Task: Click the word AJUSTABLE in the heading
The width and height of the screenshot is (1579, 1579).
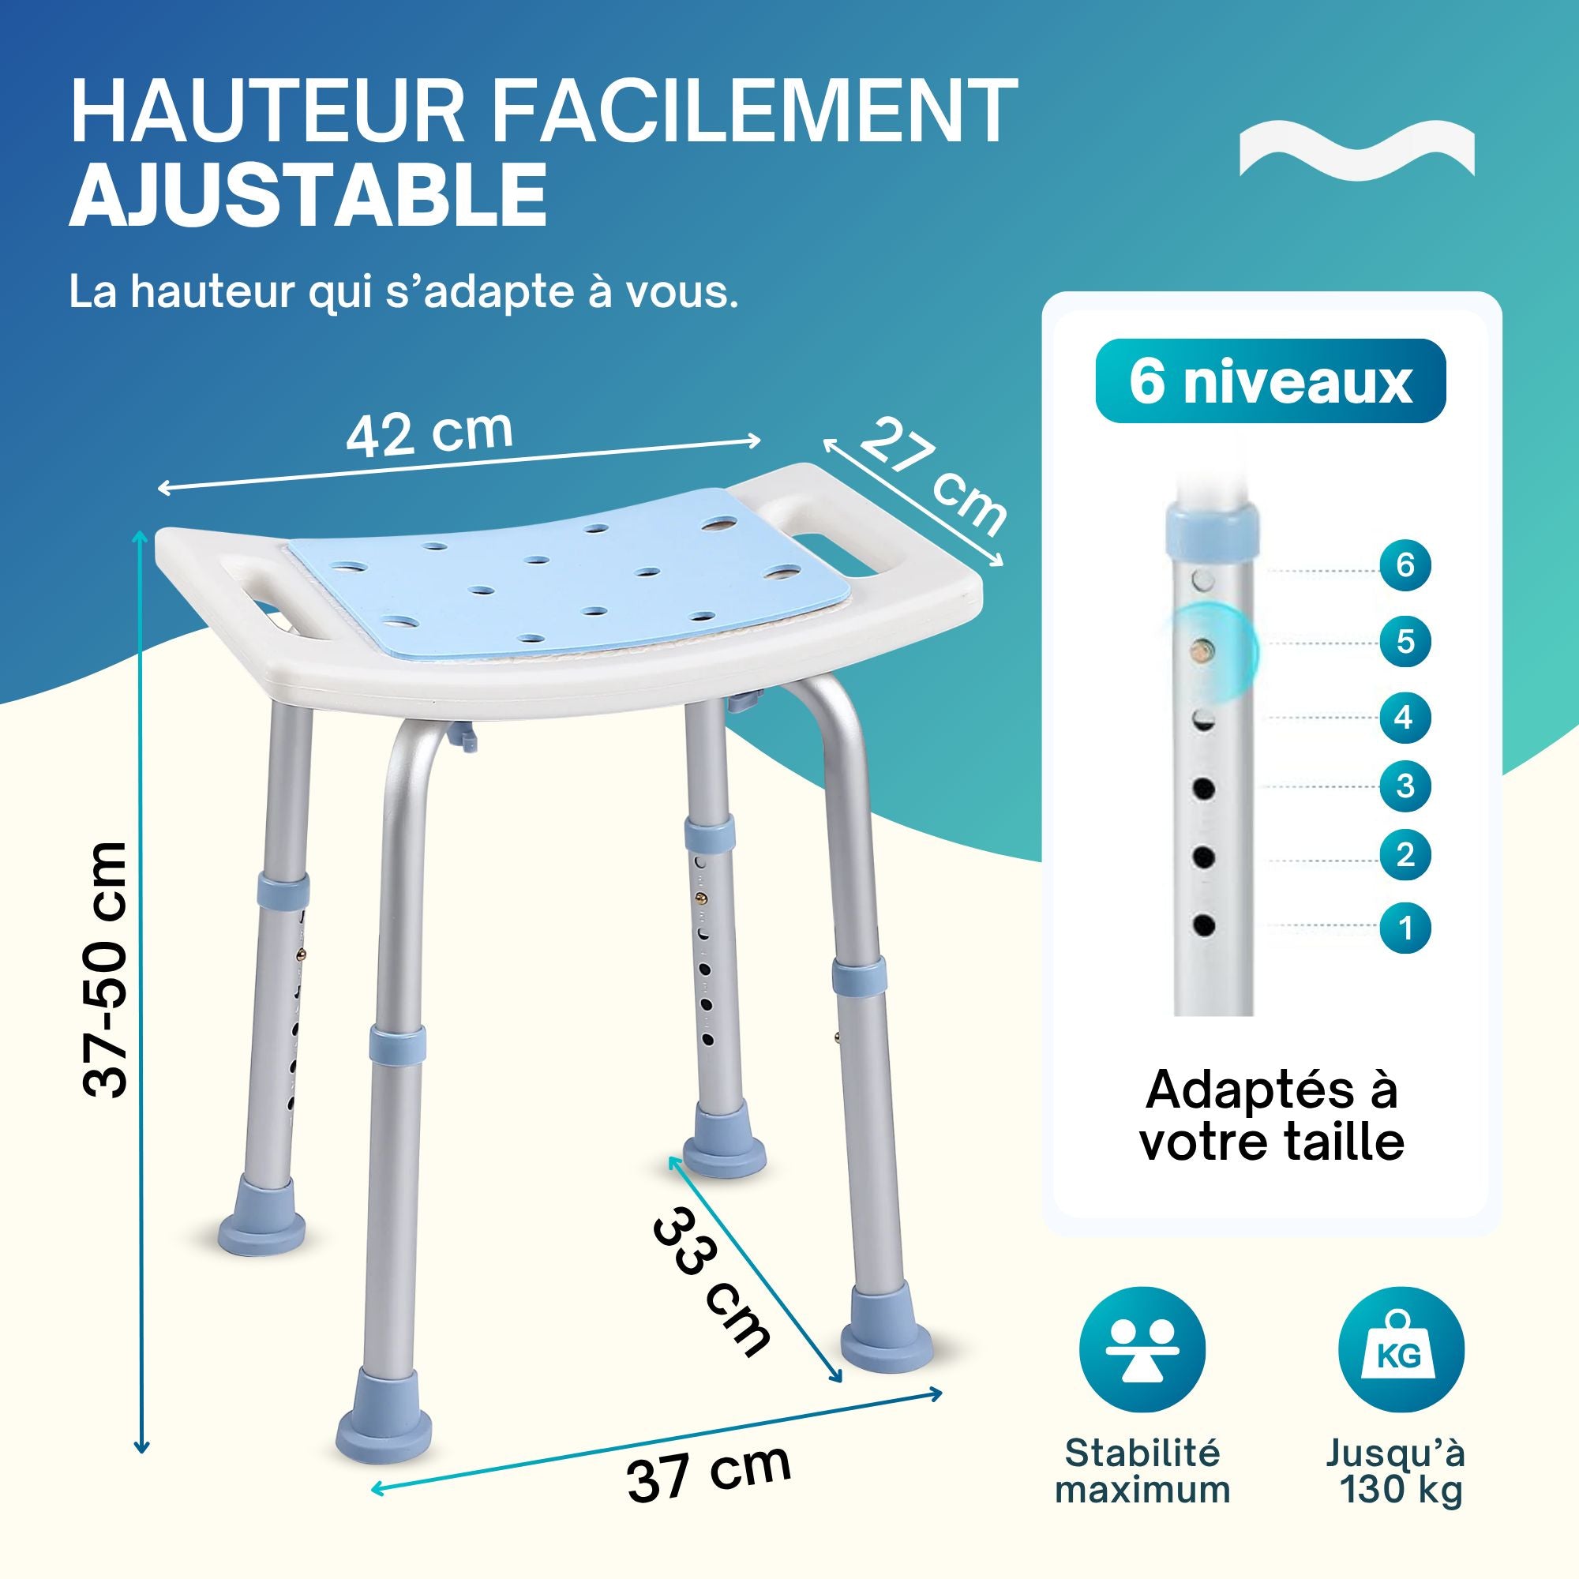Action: click(x=308, y=195)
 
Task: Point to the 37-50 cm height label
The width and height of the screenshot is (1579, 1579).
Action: click(x=107, y=970)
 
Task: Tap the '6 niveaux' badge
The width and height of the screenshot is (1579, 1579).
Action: click(x=1270, y=381)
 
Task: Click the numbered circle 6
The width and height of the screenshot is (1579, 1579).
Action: click(x=1405, y=564)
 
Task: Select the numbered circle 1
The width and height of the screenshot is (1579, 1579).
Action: click(x=1405, y=928)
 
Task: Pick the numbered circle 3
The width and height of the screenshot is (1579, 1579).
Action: click(x=1405, y=786)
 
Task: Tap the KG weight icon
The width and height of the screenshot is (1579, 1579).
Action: click(x=1401, y=1349)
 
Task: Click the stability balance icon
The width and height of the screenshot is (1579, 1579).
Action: click(x=1142, y=1349)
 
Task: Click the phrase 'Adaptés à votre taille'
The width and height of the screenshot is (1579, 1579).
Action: click(x=1271, y=1116)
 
